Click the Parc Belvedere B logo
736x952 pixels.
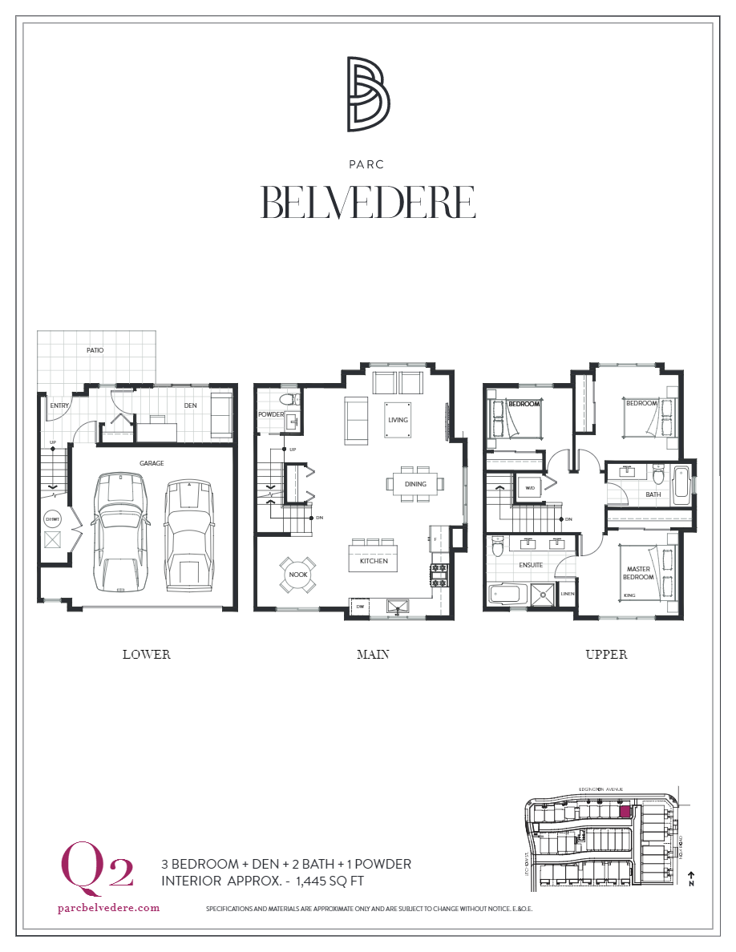point(368,94)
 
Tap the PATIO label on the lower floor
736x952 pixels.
point(95,350)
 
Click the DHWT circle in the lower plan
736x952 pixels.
point(53,519)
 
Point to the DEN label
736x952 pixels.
point(190,405)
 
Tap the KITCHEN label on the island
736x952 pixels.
point(374,561)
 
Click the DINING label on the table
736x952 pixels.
point(415,484)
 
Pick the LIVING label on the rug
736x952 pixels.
point(398,420)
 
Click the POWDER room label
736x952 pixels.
point(270,414)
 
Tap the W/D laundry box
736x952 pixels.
point(530,487)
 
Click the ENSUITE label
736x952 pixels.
point(531,565)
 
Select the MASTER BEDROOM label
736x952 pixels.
point(640,573)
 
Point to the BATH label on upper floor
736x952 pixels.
point(653,494)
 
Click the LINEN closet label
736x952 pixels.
point(568,594)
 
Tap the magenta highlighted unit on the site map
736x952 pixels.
point(625,811)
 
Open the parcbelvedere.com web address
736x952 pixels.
point(109,908)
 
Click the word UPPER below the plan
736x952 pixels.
point(606,654)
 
